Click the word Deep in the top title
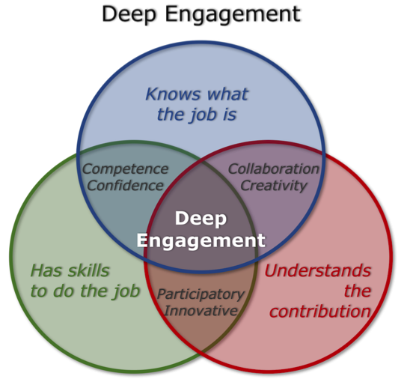129,14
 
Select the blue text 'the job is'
197,115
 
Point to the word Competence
126,169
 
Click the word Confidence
126,186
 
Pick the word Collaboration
274,169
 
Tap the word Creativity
274,186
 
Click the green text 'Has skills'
70,270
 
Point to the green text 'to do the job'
85,291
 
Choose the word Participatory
200,294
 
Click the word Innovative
200,310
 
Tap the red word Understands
318,270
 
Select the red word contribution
320,312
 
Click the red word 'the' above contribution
358,291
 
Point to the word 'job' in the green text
126,292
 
